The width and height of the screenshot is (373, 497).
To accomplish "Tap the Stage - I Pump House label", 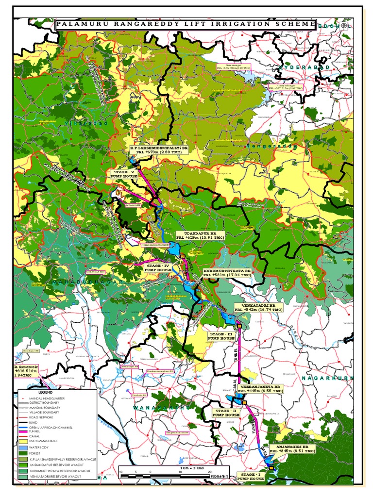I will point(251,476).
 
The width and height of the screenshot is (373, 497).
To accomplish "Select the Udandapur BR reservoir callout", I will point(200,235).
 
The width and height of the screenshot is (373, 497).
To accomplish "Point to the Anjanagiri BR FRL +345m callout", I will point(292,448).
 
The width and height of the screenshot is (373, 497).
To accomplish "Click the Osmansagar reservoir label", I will point(233,66).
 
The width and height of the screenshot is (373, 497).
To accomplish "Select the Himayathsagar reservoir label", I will point(286,87).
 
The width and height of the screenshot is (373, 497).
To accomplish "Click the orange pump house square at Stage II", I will point(245,402).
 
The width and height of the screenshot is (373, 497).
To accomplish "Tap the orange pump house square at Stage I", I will point(271,468).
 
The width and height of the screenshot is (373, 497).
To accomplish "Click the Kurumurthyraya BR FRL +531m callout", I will point(227,272).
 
